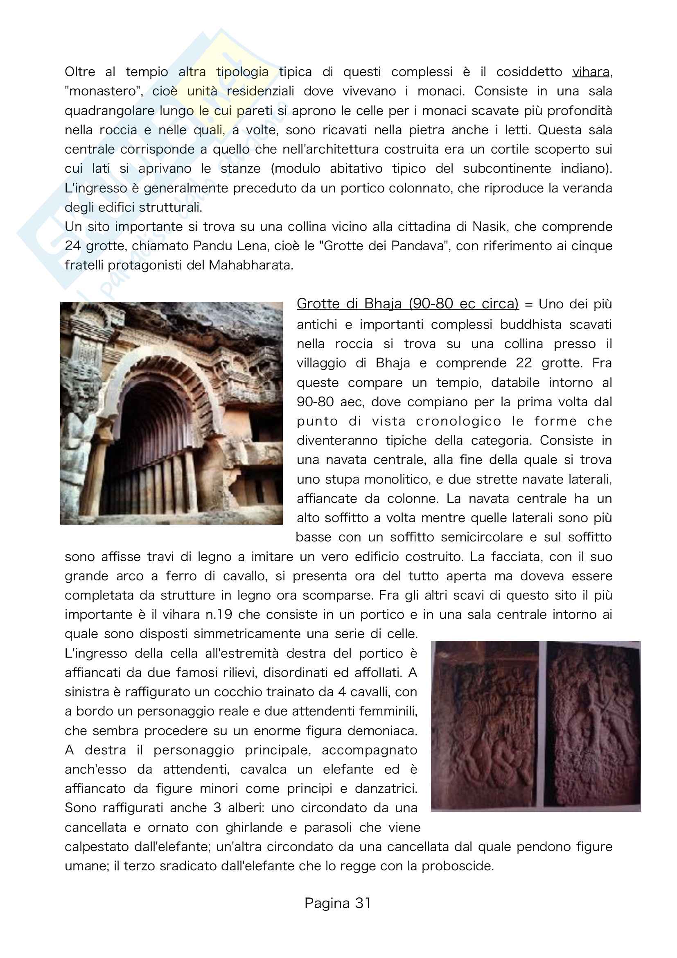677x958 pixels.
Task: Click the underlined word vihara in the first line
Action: coord(590,72)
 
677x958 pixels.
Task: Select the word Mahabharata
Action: coord(250,265)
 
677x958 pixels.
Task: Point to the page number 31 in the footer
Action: coord(363,903)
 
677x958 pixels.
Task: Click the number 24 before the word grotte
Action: coord(73,246)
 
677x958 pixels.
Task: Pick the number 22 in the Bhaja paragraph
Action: coord(524,363)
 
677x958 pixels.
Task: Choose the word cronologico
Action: coord(458,421)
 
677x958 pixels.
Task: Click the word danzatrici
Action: coord(385,789)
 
